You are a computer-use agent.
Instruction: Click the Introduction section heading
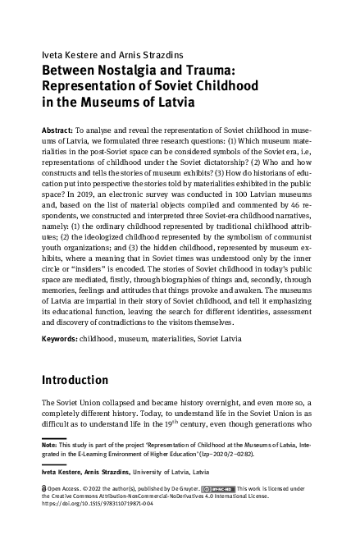(86, 380)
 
